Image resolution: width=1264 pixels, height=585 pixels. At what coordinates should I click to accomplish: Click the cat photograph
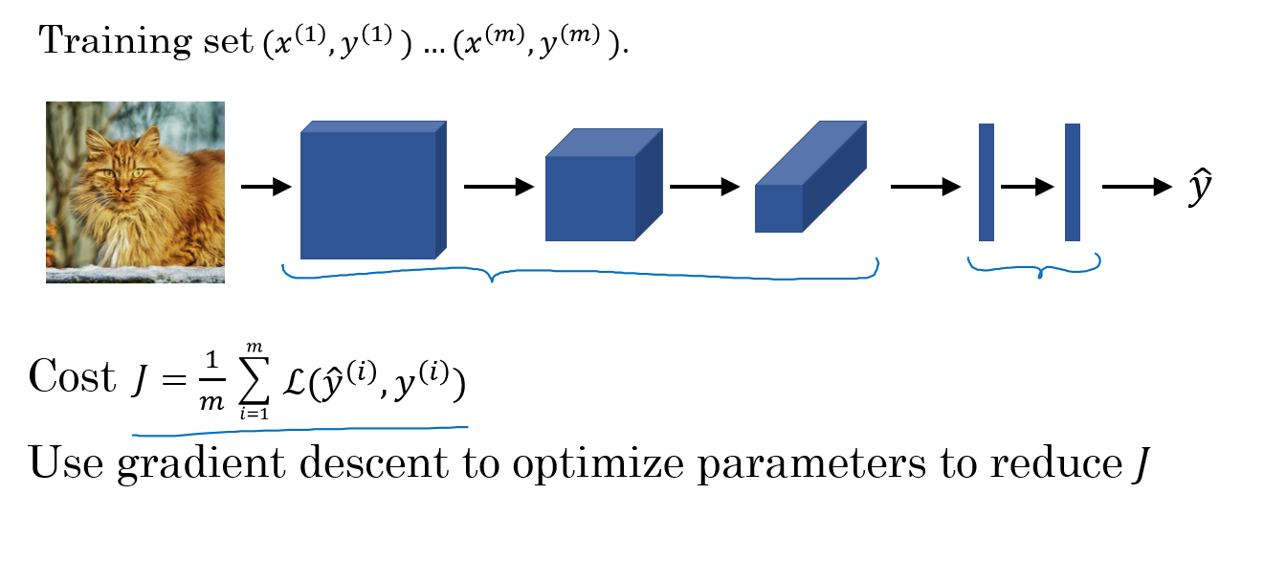(x=135, y=191)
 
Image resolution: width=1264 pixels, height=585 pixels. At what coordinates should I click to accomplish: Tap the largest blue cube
(x=369, y=194)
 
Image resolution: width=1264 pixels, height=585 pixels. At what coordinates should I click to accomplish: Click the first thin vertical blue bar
(x=987, y=182)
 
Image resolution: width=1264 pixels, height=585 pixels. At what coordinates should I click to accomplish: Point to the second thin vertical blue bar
(x=1073, y=182)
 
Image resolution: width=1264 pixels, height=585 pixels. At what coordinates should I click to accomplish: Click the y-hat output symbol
(x=1200, y=189)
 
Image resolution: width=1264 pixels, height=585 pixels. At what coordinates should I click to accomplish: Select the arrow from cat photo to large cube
(x=265, y=188)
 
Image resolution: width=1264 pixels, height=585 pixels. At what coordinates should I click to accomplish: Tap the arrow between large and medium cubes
(x=497, y=188)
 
